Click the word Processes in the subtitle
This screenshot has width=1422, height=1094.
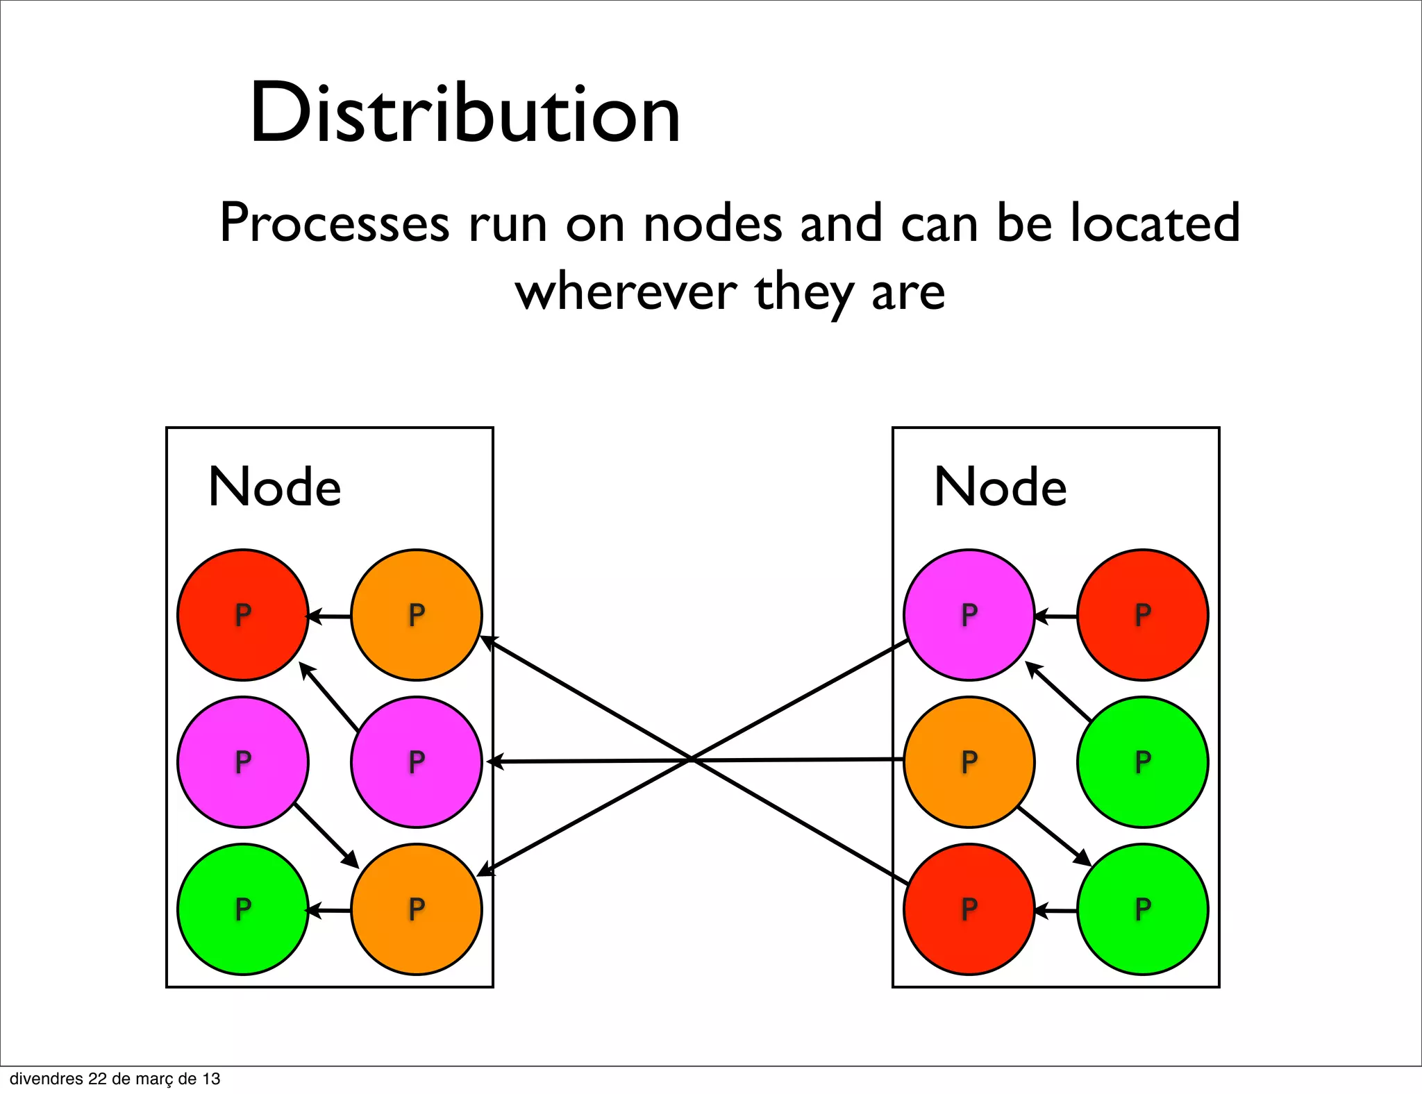click(x=334, y=224)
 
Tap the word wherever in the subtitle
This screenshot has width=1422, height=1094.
click(x=626, y=292)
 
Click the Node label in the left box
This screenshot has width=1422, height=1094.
click(x=275, y=487)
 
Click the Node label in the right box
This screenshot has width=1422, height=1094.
click(x=1001, y=487)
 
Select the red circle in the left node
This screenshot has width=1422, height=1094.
click(x=242, y=615)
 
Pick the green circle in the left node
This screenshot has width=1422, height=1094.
click(x=242, y=909)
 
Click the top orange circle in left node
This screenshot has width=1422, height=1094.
click(x=416, y=615)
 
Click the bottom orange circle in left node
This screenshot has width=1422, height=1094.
click(x=416, y=909)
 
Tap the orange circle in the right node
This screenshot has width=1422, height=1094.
click(x=969, y=762)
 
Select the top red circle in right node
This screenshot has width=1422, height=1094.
click(x=1142, y=615)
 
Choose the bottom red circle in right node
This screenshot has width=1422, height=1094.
click(x=969, y=909)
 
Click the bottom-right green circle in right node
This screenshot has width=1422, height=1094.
click(x=1142, y=909)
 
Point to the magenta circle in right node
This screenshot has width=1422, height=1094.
click(x=969, y=615)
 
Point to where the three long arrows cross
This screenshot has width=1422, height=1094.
click(x=692, y=760)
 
